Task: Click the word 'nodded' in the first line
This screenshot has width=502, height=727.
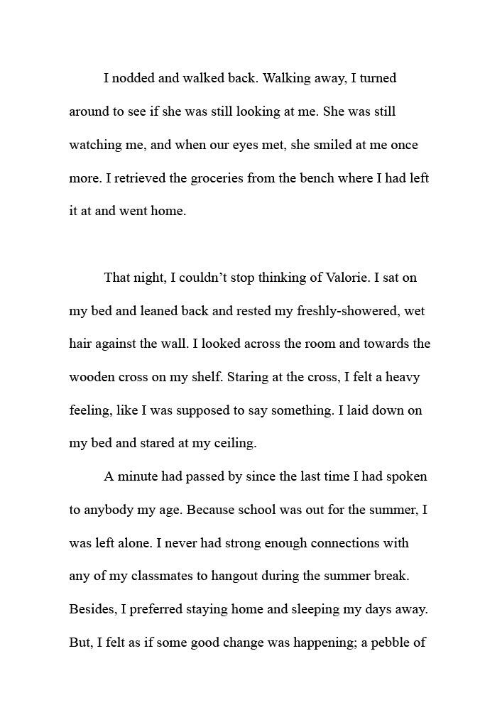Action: pos(133,79)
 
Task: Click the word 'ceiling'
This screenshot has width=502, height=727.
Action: pos(234,443)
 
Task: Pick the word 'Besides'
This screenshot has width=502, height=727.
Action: pos(92,609)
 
